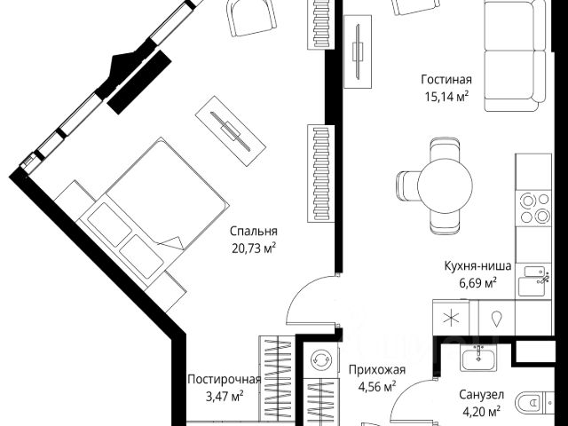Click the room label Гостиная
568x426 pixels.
(x=446, y=79)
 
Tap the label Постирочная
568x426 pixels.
(x=224, y=379)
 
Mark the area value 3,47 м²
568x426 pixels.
(x=224, y=397)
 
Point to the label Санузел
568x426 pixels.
(x=480, y=394)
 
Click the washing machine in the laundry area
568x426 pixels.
(x=319, y=360)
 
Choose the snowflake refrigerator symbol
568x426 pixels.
(x=451, y=317)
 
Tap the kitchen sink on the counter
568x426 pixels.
(x=534, y=281)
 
